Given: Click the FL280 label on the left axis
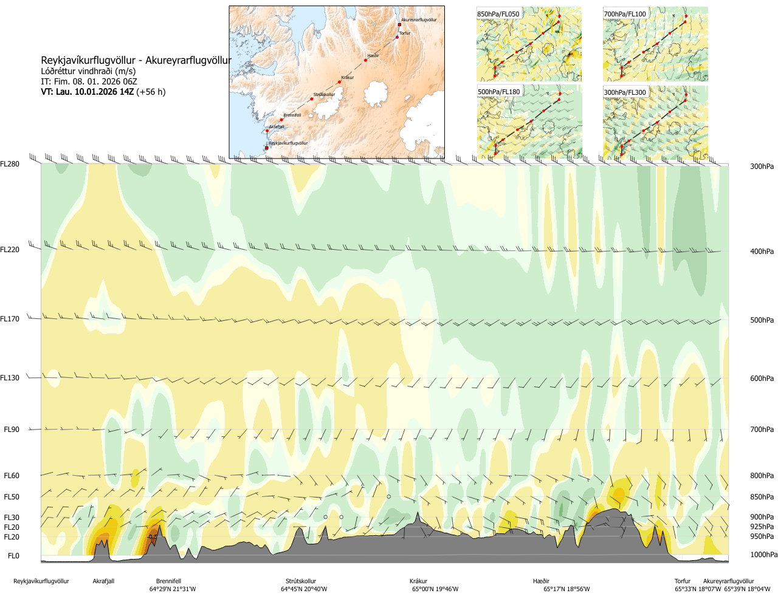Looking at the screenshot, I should click(x=10, y=164).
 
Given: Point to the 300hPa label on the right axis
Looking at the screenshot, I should click(x=762, y=166).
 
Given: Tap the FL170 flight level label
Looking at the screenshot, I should click(x=10, y=319).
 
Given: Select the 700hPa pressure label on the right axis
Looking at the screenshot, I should click(x=762, y=430).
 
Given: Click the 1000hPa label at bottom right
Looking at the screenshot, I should click(x=763, y=555).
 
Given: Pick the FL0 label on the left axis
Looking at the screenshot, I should click(x=13, y=556).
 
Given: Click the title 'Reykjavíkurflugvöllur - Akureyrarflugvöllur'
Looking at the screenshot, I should click(x=136, y=61).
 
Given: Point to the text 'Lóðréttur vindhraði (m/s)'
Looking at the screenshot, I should click(x=88, y=71).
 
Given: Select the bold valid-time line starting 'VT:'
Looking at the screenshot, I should click(x=103, y=92).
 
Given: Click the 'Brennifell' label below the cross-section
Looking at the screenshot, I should click(x=168, y=581).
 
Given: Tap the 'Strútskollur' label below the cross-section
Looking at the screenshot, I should click(x=301, y=581).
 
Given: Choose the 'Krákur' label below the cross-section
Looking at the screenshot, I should click(x=418, y=581).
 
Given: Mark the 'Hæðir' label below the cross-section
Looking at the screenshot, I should click(x=541, y=581).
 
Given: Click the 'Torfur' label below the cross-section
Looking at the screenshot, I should click(x=683, y=581).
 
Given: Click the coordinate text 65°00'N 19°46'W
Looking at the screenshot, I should click(x=435, y=589).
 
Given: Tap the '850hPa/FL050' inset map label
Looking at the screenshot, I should click(x=498, y=14).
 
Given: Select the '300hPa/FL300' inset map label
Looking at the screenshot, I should click(x=625, y=92).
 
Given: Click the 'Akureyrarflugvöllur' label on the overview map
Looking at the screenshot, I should click(x=419, y=20).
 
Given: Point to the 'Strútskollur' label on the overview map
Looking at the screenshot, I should click(x=325, y=95).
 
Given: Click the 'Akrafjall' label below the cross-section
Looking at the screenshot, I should click(x=103, y=581).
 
